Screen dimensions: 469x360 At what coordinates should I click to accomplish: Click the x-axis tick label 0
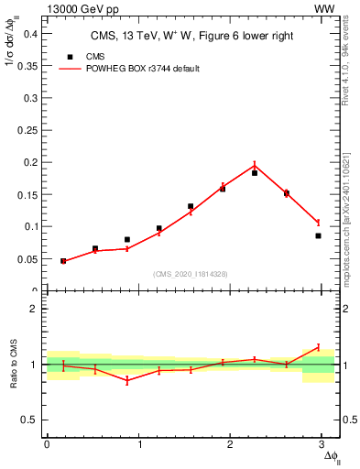point(47,445)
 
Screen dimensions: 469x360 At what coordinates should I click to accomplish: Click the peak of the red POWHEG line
point(255,166)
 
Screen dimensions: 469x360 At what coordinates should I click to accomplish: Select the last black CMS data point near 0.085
point(318,235)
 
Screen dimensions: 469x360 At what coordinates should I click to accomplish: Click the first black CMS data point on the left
point(63,261)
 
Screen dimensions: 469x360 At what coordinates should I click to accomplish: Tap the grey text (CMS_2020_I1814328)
point(191,275)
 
